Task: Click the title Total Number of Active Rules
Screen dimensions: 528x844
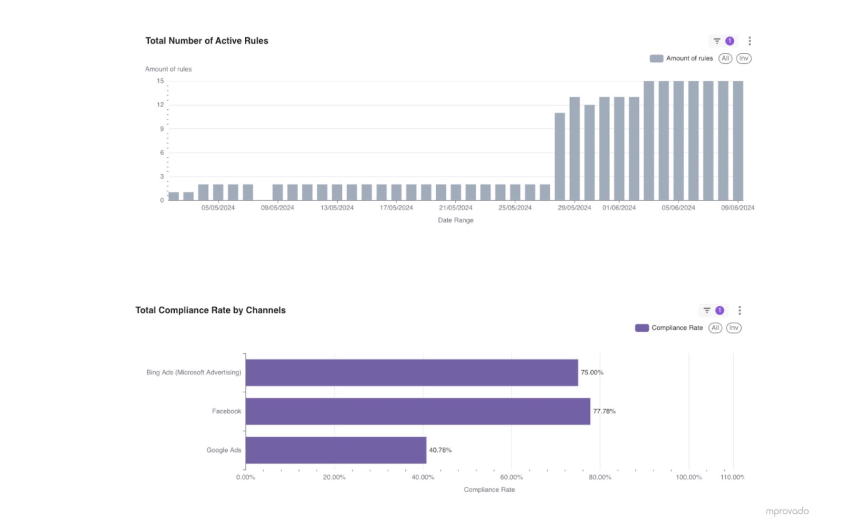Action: [206, 41]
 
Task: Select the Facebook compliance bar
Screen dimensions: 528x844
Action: [417, 411]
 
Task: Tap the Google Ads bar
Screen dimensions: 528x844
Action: [335, 450]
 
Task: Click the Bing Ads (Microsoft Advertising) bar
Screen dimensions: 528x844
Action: [411, 372]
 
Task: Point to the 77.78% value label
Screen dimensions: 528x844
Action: [604, 411]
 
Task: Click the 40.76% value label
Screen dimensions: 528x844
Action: [440, 450]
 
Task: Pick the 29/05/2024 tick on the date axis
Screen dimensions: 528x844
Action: [574, 208]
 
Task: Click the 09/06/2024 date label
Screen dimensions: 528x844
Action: [737, 208]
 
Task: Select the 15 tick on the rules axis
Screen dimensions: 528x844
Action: [160, 81]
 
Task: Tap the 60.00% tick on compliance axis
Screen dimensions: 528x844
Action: [511, 477]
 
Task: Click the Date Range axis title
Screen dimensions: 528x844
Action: [455, 220]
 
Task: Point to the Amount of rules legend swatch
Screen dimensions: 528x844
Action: [656, 59]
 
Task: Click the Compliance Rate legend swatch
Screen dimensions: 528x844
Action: [641, 328]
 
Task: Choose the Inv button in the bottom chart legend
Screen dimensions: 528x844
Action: [733, 328]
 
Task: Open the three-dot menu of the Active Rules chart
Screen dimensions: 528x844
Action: [750, 41]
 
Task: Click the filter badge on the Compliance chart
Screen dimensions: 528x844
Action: [719, 310]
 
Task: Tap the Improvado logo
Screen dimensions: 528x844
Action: [787, 511]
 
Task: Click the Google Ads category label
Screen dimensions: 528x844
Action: [224, 450]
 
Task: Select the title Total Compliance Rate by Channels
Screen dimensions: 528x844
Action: [210, 310]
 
